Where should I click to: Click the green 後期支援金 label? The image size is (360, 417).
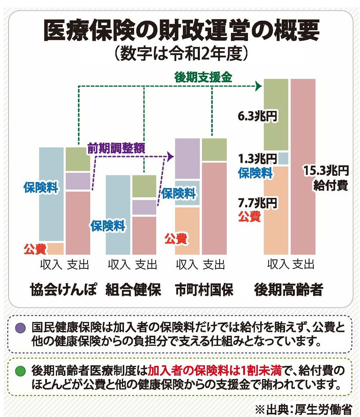pos(203,78)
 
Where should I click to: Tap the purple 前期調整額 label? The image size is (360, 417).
pos(116,148)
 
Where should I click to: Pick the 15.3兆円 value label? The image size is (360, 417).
pos(326,171)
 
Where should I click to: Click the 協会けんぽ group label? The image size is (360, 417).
pos(64,290)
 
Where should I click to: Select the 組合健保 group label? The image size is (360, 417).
pos(133,290)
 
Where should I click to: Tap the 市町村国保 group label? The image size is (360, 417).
pos(204,290)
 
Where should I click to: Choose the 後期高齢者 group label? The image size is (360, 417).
pos(289,290)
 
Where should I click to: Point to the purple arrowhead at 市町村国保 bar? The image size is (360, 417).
pos(171,156)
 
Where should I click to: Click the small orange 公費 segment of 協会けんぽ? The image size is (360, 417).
pos(56,248)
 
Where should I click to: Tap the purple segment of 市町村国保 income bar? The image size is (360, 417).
pos(187,158)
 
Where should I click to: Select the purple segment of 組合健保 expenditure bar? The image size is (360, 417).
pos(144,207)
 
